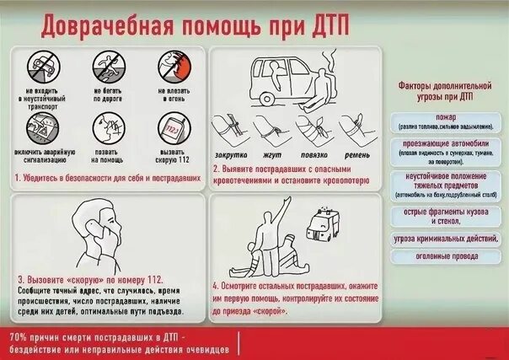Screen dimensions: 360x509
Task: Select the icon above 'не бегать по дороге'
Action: tap(106, 67)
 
